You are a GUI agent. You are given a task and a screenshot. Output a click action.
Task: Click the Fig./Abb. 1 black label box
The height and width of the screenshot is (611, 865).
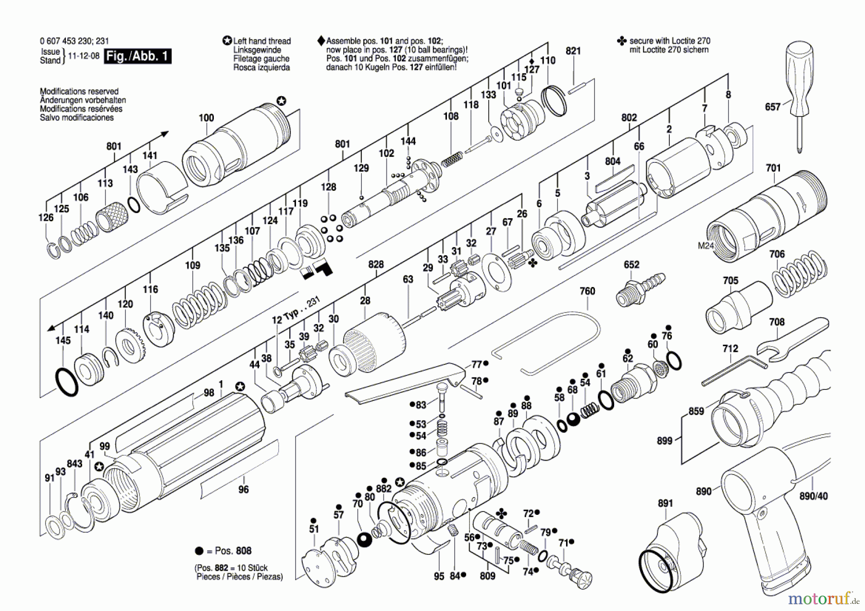click(137, 56)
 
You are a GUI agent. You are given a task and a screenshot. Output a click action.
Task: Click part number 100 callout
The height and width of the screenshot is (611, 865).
click(206, 118)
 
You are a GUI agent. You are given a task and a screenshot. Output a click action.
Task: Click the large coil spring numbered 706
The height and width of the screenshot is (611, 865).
click(799, 274)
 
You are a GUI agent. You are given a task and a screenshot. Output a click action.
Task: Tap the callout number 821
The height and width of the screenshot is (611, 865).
click(573, 51)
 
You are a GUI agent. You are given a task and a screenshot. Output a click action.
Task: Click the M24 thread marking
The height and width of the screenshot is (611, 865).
click(705, 246)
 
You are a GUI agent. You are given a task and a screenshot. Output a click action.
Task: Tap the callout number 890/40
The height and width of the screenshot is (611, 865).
click(813, 496)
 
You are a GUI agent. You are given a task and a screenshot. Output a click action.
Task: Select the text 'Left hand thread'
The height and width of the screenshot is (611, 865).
click(262, 41)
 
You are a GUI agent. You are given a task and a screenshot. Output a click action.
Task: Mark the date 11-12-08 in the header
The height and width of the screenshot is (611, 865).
click(84, 56)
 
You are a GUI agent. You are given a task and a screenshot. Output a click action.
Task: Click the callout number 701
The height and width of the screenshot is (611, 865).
click(773, 168)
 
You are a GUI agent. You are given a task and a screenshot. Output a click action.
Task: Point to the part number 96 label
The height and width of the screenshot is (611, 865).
click(244, 489)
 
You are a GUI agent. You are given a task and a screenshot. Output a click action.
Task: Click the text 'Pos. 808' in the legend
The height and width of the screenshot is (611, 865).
click(233, 551)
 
